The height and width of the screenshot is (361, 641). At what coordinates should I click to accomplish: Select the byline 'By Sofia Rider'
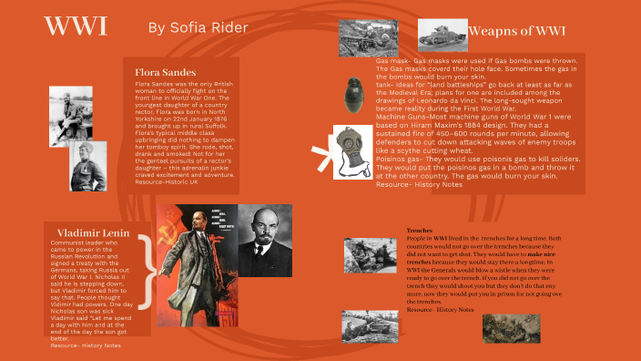(x=198, y=28)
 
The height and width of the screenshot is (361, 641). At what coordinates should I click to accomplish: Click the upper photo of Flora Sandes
(x=70, y=116)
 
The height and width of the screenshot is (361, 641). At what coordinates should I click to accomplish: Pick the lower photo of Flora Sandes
(x=89, y=165)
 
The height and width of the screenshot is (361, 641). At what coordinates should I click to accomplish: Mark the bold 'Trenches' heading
(x=420, y=231)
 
